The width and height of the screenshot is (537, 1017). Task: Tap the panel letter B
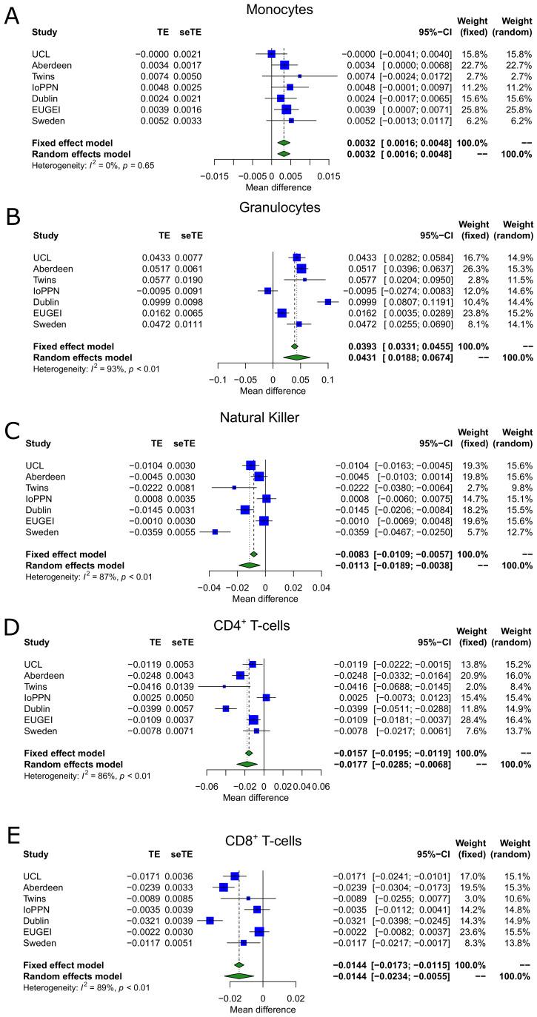click(x=13, y=221)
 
